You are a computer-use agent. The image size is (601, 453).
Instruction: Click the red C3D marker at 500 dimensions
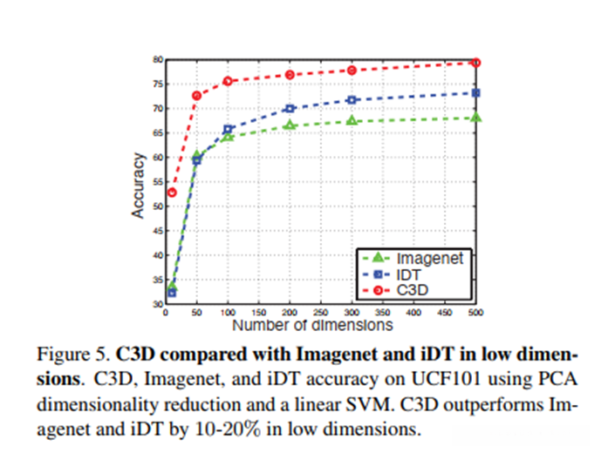click(x=476, y=63)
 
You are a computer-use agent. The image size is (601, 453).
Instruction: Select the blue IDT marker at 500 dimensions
click(x=476, y=93)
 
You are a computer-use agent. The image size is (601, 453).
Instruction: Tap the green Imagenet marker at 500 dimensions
click(x=476, y=118)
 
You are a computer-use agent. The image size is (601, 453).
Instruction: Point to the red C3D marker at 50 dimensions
click(x=197, y=96)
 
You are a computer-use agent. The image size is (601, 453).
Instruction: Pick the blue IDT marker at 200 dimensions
click(x=290, y=109)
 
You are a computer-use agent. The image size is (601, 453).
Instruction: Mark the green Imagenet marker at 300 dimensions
click(x=352, y=120)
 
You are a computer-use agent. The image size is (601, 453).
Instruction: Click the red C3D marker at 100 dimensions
click(x=229, y=81)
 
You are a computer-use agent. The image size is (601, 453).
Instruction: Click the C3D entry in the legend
click(x=411, y=289)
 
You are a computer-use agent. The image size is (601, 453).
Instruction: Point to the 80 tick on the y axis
click(x=158, y=60)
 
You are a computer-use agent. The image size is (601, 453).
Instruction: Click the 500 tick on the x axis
click(x=475, y=312)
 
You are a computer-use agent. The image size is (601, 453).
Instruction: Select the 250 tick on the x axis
click(x=321, y=312)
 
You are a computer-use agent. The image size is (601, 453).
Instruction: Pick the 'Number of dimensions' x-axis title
click(x=312, y=324)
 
